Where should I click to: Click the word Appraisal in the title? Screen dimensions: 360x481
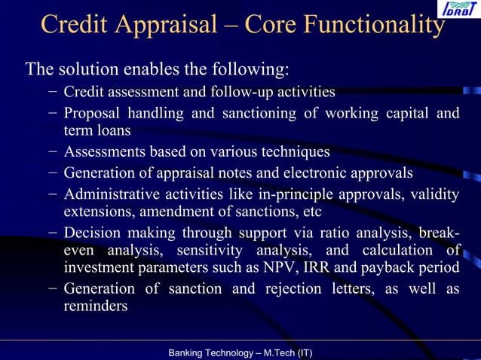[x=159, y=25]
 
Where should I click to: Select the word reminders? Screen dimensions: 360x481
[x=96, y=307]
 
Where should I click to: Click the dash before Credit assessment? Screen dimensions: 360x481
[x=50, y=93]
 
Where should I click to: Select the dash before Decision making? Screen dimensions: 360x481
[x=50, y=233]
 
